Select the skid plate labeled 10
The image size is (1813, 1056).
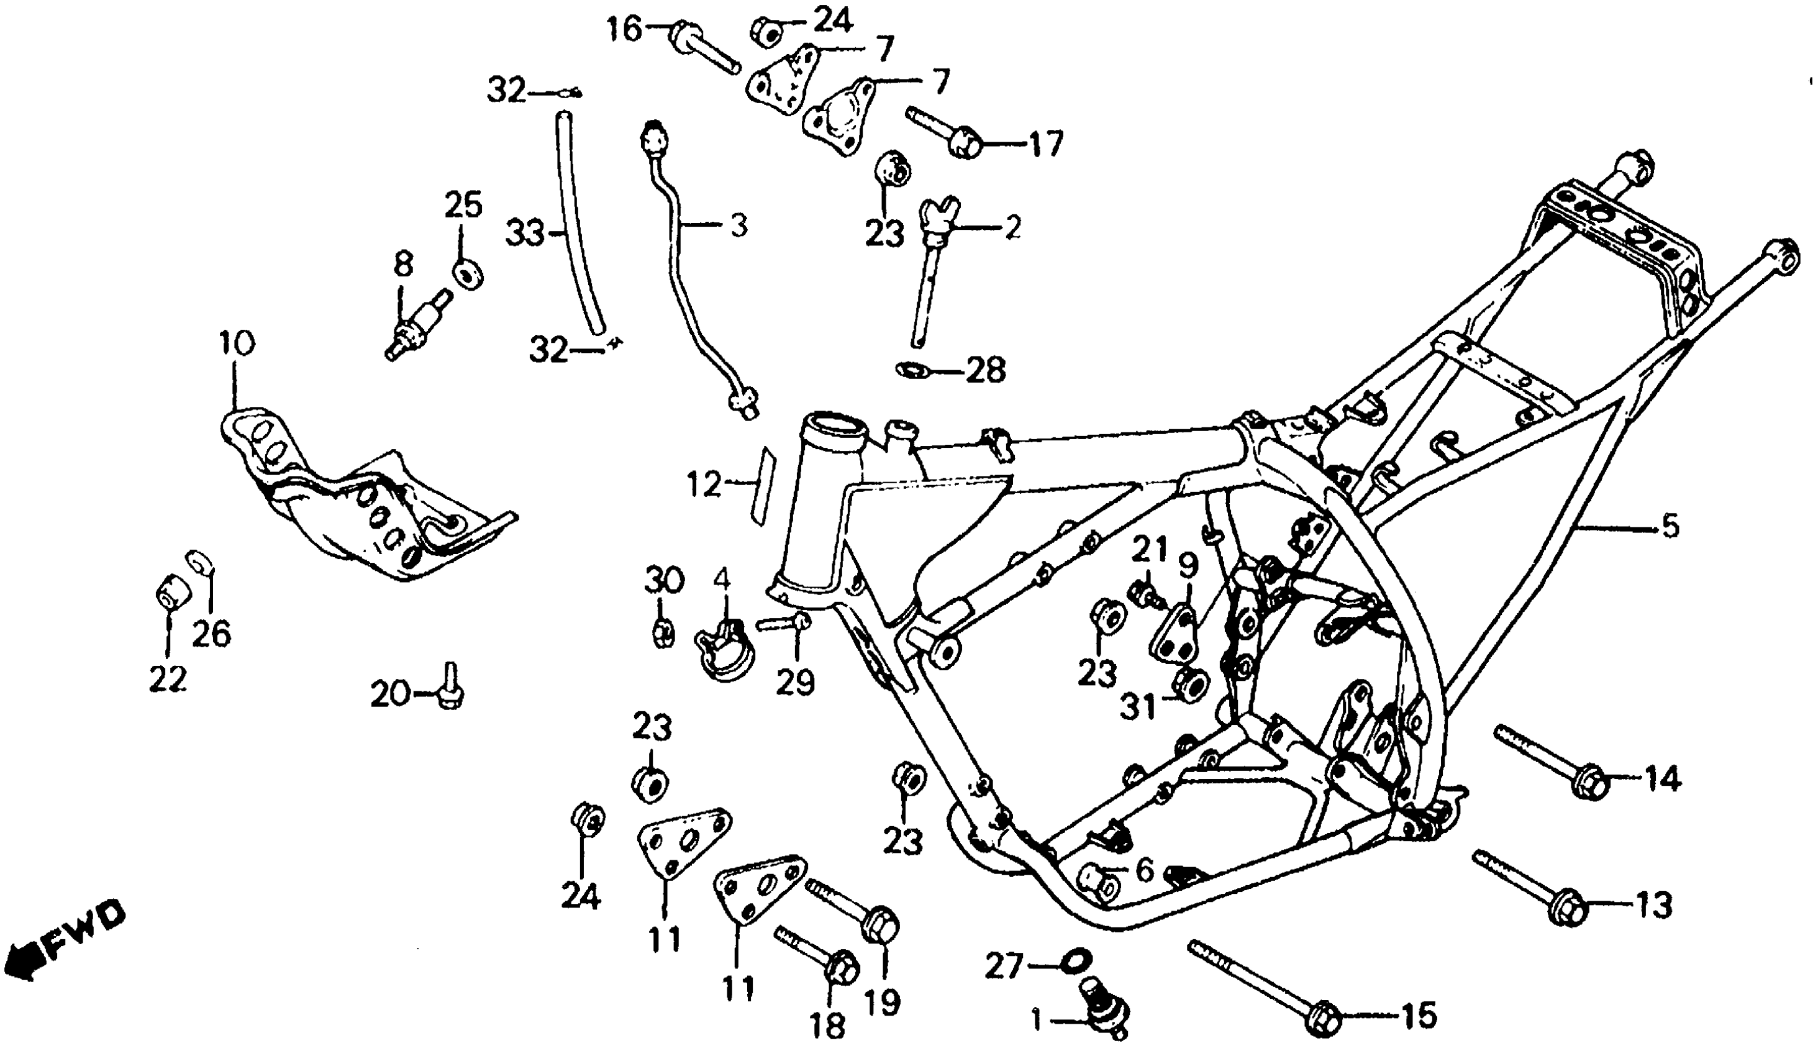pos(360,504)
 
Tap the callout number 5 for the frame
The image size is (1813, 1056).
pos(1669,527)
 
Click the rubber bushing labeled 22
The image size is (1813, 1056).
pos(173,591)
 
